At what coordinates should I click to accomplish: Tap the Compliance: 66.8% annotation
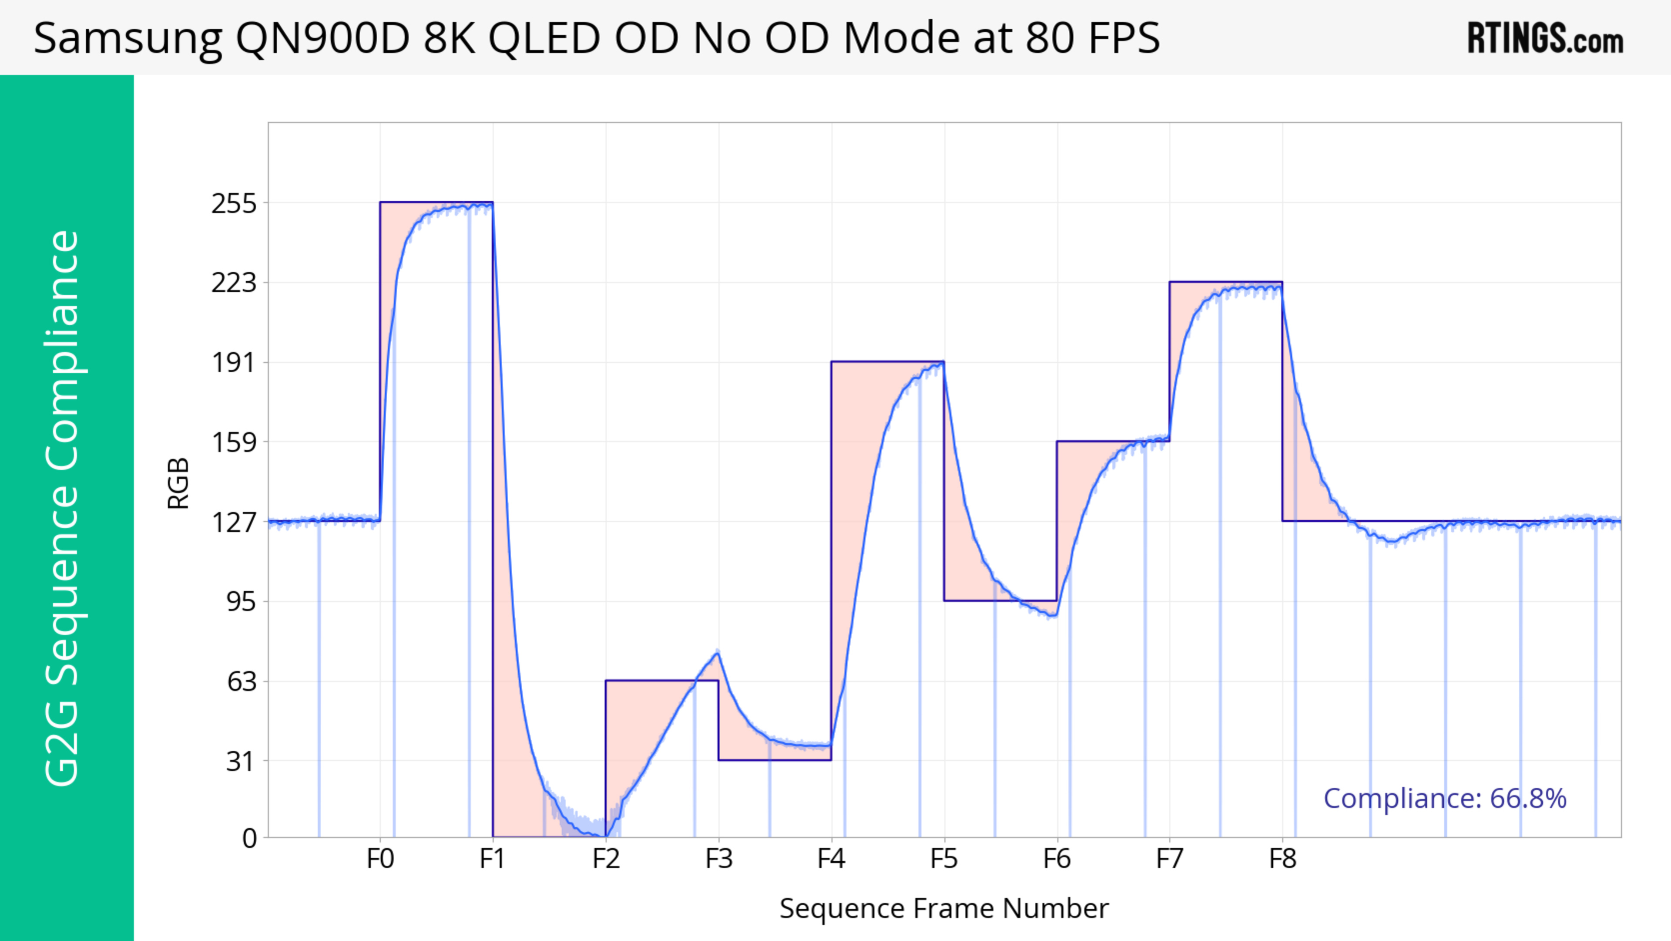1445,798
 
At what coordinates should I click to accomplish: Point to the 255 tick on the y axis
234,204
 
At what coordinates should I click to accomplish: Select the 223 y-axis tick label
234,283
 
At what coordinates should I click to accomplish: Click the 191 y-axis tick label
234,363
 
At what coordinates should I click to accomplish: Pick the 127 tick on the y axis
234,522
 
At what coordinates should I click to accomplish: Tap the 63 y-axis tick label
242,681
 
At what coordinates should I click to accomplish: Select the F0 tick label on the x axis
380,859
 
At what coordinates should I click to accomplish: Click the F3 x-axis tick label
719,859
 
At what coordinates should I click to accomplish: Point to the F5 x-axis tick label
944,859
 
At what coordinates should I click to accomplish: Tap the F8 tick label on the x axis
1282,859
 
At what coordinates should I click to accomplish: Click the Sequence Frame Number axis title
944,908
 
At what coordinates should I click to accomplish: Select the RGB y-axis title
178,483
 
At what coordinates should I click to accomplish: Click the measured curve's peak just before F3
717,652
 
